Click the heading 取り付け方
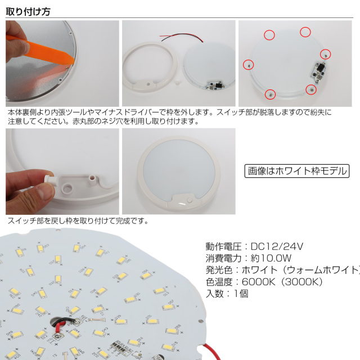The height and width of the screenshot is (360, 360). pyautogui.click(x=28, y=11)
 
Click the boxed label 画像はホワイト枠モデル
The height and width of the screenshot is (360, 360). pyautogui.click(x=297, y=171)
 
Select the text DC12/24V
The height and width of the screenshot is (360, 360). pyautogui.click(x=277, y=246)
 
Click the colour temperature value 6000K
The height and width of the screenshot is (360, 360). pyautogui.click(x=258, y=282)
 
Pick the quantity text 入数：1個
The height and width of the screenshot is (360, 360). pyautogui.click(x=227, y=294)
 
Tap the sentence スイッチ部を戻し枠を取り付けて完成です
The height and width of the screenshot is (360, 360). pyautogui.click(x=76, y=220)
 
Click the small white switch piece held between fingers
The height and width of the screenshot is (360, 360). pyautogui.click(x=49, y=179)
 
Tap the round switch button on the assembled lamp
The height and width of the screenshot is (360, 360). pyautogui.click(x=190, y=200)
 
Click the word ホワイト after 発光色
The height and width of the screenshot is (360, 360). pyautogui.click(x=259, y=270)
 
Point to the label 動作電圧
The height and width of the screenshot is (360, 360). pyautogui.click(x=223, y=246)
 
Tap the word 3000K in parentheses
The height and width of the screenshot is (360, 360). pyautogui.click(x=302, y=282)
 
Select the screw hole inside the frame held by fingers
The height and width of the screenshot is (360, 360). pyautogui.click(x=67, y=188)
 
